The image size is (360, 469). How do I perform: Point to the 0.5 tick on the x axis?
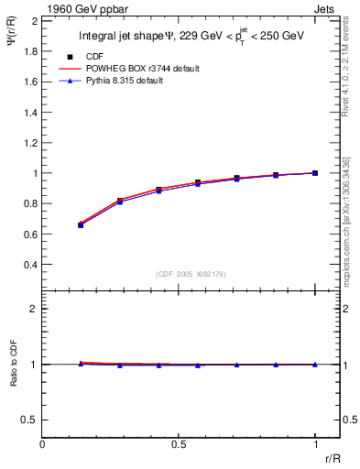point(179,444)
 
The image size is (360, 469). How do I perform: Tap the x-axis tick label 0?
point(43,444)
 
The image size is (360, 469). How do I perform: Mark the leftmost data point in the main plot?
point(81,224)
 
